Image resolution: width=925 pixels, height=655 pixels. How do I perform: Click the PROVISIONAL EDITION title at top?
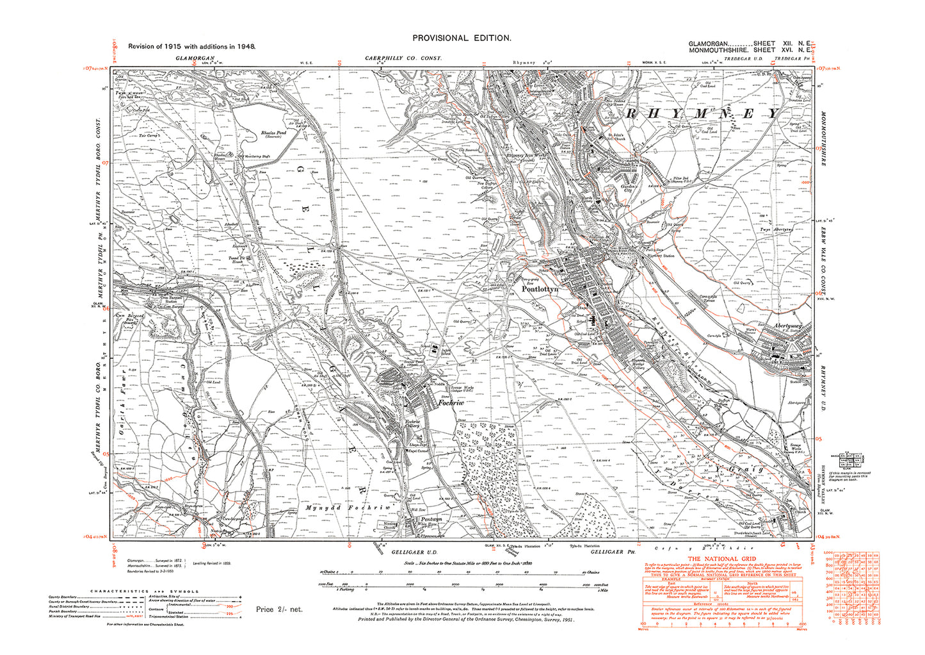[462, 38]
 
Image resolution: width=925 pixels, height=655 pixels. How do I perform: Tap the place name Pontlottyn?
[540, 290]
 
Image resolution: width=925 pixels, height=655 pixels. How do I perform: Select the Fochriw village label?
[451, 402]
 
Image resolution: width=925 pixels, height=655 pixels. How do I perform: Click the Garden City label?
[616, 188]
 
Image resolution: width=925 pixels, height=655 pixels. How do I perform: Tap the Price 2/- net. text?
[279, 609]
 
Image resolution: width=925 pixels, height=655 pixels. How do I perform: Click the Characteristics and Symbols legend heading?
[144, 592]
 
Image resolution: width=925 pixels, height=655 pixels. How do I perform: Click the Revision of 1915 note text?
[191, 47]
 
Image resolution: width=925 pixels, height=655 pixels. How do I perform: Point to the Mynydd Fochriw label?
[363, 507]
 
